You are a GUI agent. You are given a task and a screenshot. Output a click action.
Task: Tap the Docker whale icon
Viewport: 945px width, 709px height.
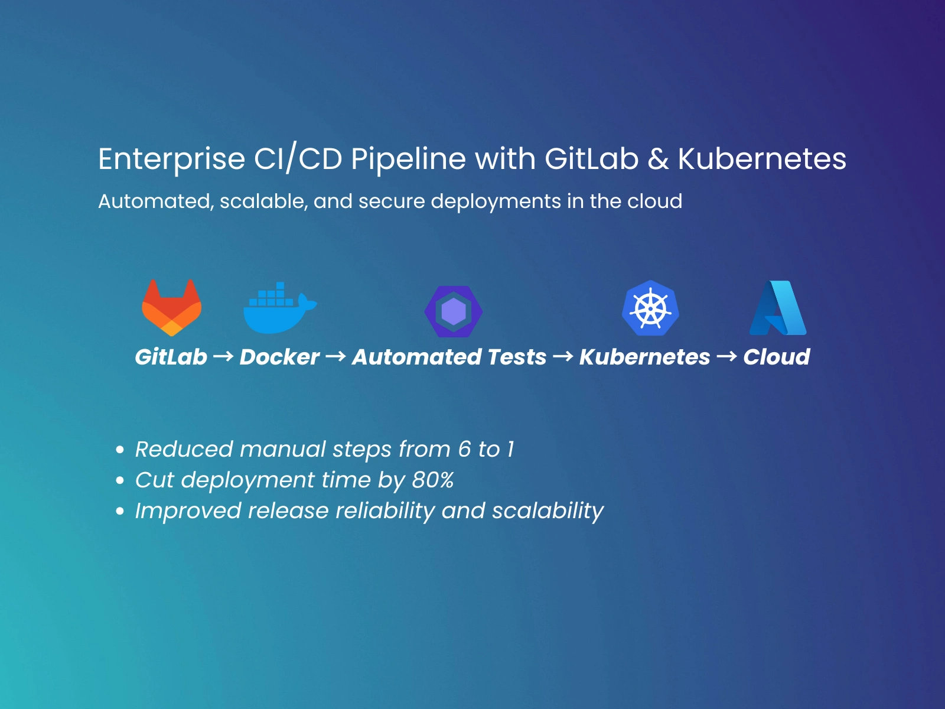281,308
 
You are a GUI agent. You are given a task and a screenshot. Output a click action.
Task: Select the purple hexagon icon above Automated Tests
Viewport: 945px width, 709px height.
454,311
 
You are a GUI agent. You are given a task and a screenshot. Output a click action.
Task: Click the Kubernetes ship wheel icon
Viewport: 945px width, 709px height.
650,308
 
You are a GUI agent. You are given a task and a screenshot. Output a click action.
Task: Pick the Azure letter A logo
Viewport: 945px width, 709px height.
778,308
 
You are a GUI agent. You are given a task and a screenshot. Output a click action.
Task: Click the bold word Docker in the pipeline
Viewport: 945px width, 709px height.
279,357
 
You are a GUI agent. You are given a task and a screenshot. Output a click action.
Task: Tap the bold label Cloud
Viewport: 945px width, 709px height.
777,357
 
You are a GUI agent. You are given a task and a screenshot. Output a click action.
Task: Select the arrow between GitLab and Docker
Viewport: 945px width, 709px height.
223,356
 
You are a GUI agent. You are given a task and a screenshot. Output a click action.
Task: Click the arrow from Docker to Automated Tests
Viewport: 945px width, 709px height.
336,356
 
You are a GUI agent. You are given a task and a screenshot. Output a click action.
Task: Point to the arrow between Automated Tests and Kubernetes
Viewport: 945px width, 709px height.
563,356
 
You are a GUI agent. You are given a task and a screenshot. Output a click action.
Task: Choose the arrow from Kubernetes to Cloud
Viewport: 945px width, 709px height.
726,356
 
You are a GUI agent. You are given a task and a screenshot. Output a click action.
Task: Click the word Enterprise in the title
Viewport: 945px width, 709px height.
172,160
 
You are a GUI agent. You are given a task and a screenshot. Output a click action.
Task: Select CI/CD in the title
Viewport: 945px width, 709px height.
298,159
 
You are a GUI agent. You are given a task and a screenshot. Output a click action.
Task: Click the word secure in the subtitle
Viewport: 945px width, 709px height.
392,201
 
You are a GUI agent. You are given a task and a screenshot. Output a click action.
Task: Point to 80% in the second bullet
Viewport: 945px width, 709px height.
433,480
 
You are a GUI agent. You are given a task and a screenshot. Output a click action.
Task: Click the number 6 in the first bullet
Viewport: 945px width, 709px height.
465,449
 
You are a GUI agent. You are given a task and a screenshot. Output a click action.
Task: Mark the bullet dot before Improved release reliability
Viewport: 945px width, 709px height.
120,512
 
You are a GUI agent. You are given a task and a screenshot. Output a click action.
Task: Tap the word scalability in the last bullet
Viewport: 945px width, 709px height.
548,512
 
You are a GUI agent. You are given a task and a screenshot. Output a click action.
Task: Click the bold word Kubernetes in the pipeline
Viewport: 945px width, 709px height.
644,357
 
